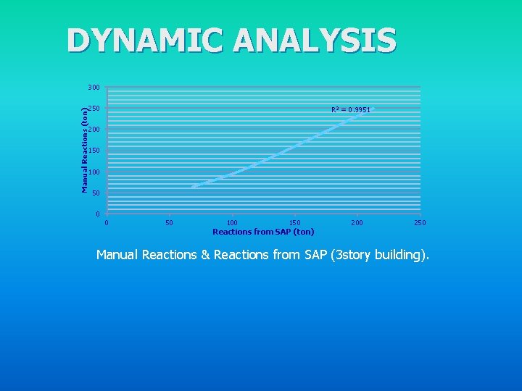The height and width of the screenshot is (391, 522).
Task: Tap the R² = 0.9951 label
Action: coord(350,110)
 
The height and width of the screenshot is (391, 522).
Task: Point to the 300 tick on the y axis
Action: coord(94,88)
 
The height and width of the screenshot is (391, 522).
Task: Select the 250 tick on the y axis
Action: coord(94,109)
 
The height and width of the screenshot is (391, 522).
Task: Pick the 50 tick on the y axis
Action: coord(96,193)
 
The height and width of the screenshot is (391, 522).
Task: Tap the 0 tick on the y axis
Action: coord(98,214)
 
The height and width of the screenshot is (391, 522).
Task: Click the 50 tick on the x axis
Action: coord(169,223)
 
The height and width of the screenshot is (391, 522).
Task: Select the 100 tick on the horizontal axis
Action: coord(232,223)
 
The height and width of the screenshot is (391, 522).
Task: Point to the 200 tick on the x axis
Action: coord(357,223)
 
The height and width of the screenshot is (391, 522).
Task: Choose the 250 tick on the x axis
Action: coord(420,223)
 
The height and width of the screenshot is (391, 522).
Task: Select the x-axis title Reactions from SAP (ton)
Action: coord(263,232)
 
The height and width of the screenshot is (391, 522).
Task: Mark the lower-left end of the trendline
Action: coord(193,187)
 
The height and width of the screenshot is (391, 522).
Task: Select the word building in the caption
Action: coord(397,255)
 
